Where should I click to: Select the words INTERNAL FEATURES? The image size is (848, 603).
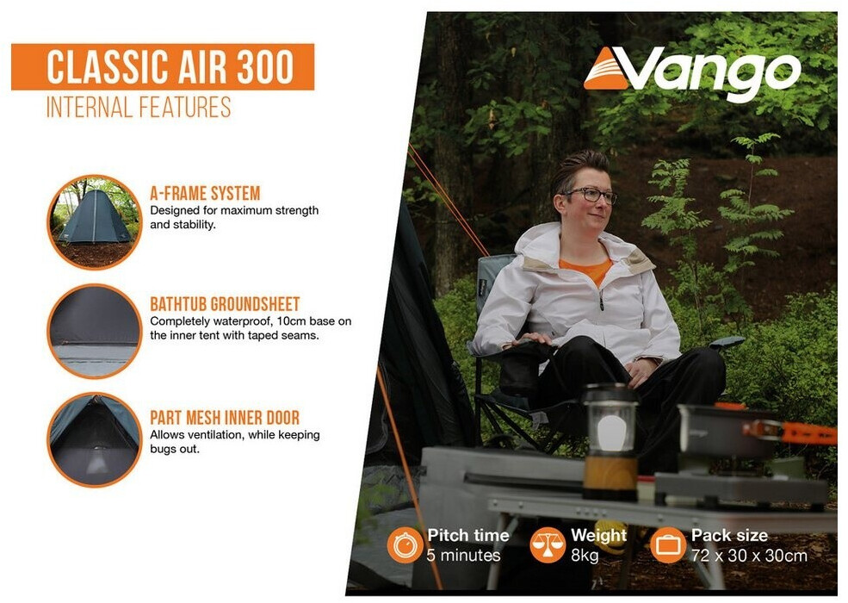click(139, 107)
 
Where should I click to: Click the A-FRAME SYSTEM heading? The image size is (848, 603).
click(205, 193)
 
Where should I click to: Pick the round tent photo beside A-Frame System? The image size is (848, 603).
click(94, 222)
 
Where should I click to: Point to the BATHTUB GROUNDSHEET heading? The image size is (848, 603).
click(225, 304)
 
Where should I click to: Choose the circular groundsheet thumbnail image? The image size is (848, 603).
click(94, 332)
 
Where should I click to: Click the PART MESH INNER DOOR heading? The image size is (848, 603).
click(225, 417)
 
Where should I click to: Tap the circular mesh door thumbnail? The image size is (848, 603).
click(94, 439)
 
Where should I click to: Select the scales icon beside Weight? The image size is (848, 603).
click(548, 545)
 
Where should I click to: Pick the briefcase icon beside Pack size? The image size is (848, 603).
click(667, 545)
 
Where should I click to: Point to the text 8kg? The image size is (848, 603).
click(585, 556)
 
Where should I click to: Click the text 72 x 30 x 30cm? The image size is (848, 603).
click(749, 556)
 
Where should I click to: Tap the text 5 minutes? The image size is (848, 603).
click(463, 556)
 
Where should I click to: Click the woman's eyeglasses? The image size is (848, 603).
click(591, 195)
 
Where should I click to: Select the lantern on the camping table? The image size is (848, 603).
click(610, 442)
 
